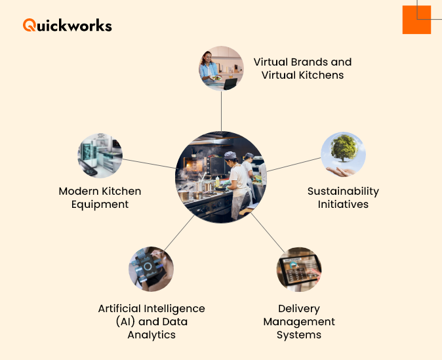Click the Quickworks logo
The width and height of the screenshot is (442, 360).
tap(67, 26)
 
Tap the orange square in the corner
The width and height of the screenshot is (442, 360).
tap(416, 20)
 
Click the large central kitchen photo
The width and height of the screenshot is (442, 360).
tap(221, 177)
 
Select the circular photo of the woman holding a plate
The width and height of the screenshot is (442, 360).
tap(222, 68)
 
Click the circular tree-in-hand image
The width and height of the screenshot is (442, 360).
tap(343, 155)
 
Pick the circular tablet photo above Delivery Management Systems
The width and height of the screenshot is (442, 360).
tap(299, 269)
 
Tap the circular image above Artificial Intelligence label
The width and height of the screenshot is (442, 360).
tap(151, 269)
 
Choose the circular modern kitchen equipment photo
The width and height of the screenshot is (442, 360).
tap(100, 156)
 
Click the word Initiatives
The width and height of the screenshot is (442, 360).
tap(343, 204)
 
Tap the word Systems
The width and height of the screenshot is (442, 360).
tap(299, 334)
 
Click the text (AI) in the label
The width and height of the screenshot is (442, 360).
tap(110, 321)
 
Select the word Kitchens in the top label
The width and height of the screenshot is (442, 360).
tap(321, 75)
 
